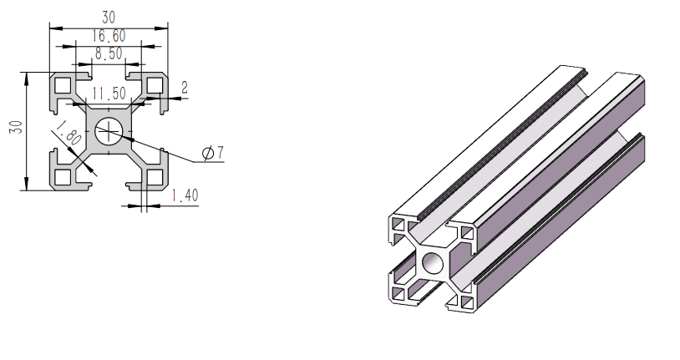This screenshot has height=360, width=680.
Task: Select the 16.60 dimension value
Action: (109, 35)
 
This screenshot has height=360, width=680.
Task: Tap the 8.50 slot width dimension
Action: (109, 53)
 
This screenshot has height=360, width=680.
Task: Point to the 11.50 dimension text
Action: (109, 93)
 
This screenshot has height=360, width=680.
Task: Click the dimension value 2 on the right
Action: (184, 87)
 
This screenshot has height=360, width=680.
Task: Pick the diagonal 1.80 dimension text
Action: (67, 134)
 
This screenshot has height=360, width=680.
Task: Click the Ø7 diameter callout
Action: (213, 153)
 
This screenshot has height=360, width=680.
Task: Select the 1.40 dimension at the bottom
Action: (184, 195)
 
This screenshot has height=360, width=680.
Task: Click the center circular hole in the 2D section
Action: (109, 129)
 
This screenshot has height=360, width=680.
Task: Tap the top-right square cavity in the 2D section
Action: (154, 84)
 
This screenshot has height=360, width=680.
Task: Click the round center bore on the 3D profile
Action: (433, 264)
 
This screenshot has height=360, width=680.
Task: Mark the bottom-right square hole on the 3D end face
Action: (464, 300)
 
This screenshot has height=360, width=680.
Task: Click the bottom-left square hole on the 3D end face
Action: (400, 293)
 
